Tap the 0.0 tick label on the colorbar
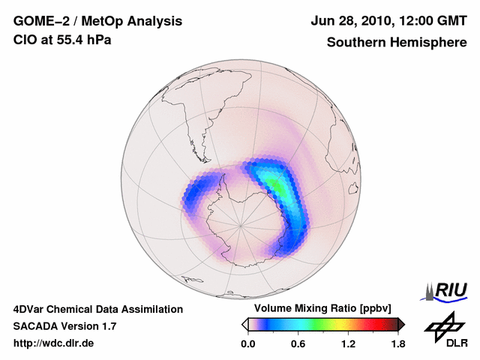247,343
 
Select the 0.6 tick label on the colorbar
298,343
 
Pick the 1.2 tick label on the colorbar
348,343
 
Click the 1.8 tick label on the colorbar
397,343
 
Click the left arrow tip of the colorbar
244,324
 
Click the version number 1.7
107,326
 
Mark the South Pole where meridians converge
241,224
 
